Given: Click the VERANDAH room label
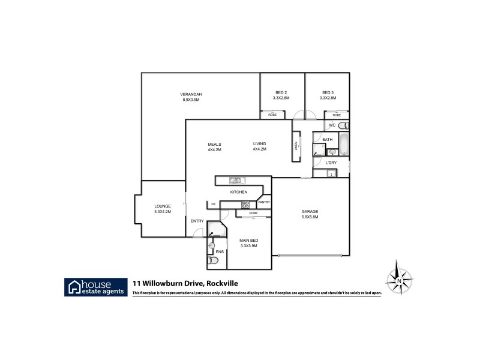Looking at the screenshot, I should coord(191,94).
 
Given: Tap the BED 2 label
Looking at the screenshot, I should coord(281,92).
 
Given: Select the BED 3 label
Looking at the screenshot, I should coord(328,92).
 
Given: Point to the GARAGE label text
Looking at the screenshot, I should coord(310,211).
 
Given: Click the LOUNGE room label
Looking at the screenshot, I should coord(163,206).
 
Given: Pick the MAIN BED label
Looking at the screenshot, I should coord(249,240).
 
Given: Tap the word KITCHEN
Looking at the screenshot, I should coord(239,192).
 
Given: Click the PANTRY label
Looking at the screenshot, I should coord(264,202).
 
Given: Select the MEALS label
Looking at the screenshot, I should coord(215,144).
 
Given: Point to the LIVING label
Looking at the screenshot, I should coord(259,144).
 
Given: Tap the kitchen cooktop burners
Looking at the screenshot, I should coord(245,205).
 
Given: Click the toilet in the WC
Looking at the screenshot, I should coord(344,126).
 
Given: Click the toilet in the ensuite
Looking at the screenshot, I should coord(210,261).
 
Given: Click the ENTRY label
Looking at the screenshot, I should coord(197,221).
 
